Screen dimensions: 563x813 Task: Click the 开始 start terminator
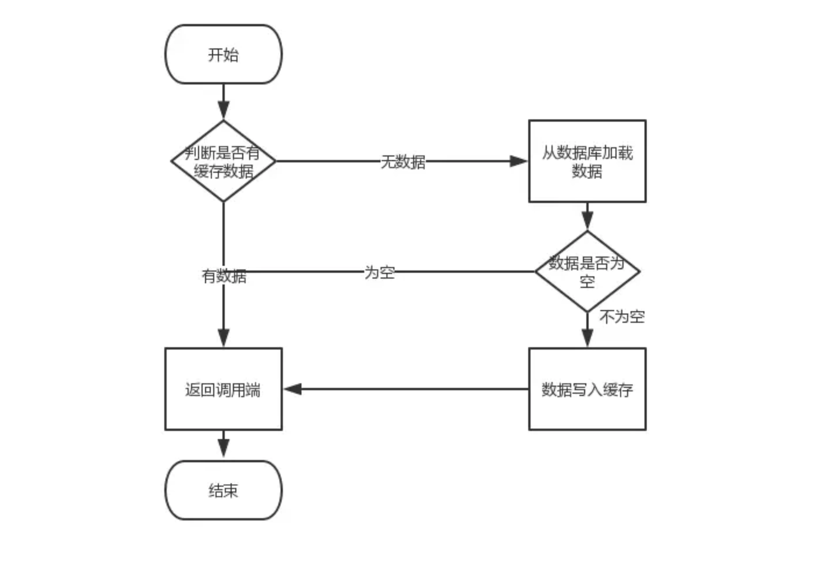[x=223, y=54]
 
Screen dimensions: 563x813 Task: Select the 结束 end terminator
[x=223, y=490]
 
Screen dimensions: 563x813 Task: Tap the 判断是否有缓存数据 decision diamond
[x=223, y=161]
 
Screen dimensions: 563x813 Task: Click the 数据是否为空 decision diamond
[x=587, y=271]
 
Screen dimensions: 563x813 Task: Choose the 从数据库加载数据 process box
[x=587, y=161]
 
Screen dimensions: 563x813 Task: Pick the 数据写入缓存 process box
[x=587, y=389]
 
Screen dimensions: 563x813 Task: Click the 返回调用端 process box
[x=223, y=389]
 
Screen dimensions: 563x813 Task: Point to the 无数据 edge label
[x=403, y=162]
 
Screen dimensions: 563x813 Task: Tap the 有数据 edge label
[x=224, y=276]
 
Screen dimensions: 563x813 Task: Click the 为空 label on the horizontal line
[x=380, y=272]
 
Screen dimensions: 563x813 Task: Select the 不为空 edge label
[x=622, y=317]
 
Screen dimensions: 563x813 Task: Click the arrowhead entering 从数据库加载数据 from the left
[x=519, y=161]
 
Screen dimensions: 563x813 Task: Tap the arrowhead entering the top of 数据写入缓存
[x=587, y=337]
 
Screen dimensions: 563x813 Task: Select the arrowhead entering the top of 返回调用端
[x=223, y=337]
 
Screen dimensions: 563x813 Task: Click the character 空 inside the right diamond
[x=587, y=281]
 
